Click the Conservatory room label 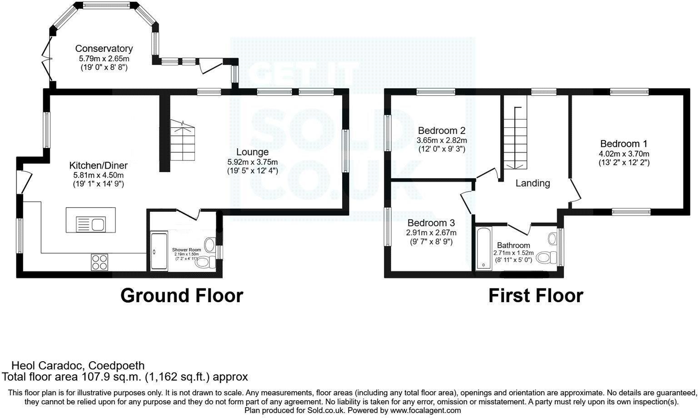coord(104,49)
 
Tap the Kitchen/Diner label coord(98,165)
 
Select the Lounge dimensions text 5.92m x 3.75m coord(252,162)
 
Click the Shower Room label coord(186,250)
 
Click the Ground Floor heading coord(181,296)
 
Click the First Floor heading coord(535,296)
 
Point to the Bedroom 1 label coord(623,143)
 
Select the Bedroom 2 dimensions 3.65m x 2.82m coord(442,140)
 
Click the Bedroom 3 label coord(431,223)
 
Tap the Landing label coord(533,183)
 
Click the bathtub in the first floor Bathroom coord(483,248)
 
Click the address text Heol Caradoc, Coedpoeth coord(78,366)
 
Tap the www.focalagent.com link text coord(425,410)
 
